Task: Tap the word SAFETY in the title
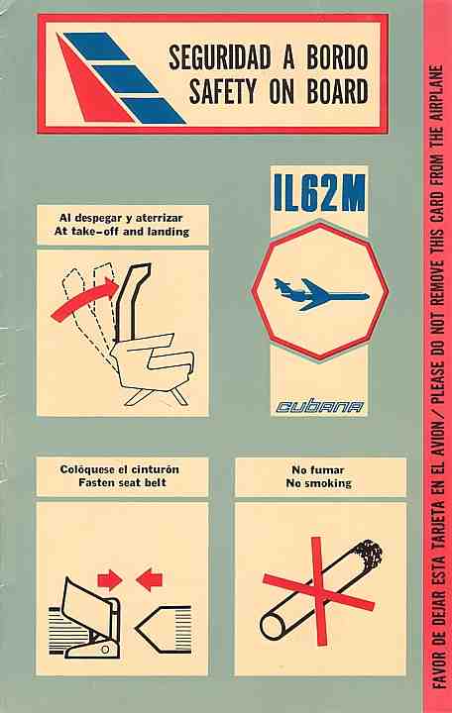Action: tap(223, 91)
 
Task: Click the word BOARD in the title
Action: tap(337, 91)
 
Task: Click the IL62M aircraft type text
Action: tap(319, 194)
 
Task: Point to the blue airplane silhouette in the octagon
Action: tap(320, 295)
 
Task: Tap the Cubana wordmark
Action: tap(319, 406)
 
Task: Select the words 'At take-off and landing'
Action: tap(122, 232)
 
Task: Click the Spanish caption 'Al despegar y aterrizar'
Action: tap(121, 218)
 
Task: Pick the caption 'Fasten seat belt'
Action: tap(122, 482)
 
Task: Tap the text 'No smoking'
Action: tap(318, 483)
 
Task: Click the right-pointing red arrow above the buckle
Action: tap(110, 579)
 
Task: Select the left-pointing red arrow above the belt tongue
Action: tap(150, 579)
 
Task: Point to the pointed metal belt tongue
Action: tap(163, 630)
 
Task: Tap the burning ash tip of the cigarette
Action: tap(369, 553)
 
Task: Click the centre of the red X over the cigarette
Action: tap(319, 590)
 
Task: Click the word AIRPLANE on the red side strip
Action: tap(436, 93)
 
